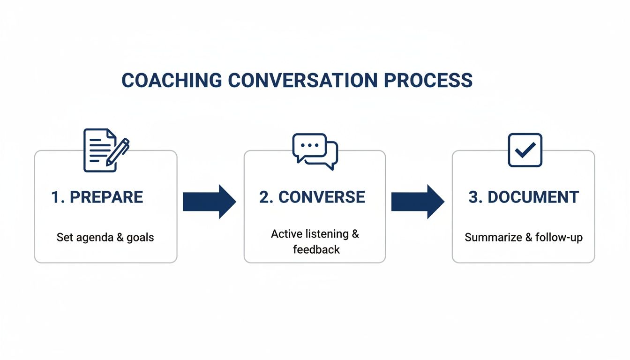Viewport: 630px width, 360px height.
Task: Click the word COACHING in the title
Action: click(172, 81)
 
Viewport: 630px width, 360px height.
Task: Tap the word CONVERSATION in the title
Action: click(302, 81)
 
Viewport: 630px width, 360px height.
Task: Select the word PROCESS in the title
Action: click(428, 81)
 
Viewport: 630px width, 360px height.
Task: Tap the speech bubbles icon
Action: click(315, 151)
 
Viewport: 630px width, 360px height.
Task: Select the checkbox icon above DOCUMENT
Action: click(525, 150)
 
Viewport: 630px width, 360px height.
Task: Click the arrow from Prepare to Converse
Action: click(209, 202)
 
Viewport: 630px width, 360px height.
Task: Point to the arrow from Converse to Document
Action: click(418, 202)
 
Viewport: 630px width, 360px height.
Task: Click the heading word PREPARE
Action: click(106, 197)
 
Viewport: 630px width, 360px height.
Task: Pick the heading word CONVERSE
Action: click(322, 197)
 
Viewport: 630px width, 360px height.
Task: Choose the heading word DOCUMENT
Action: click(533, 197)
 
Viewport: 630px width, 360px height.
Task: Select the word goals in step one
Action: click(140, 237)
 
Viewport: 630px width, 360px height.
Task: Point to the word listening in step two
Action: click(327, 234)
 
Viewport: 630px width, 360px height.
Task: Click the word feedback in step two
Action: click(316, 249)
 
